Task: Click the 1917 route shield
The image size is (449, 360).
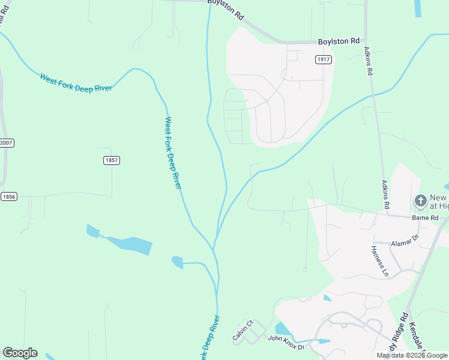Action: coord(324,59)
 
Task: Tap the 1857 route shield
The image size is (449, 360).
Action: coord(112,160)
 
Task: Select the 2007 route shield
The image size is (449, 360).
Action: coord(6,143)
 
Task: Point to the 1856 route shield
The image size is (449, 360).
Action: coord(8,196)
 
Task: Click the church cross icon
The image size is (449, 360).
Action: coord(421,200)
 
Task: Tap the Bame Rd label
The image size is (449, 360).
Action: coord(425,217)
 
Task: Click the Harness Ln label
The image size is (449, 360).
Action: coord(380,261)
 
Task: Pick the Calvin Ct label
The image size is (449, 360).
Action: coord(243,331)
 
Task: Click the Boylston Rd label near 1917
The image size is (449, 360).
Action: coord(338,41)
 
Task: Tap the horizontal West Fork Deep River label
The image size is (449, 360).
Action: coord(76,82)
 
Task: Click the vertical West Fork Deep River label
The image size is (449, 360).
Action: coord(172,153)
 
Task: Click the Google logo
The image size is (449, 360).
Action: coord(20,353)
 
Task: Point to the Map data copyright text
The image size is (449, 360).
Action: coord(411,355)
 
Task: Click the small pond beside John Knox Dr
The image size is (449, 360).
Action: coord(281,329)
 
